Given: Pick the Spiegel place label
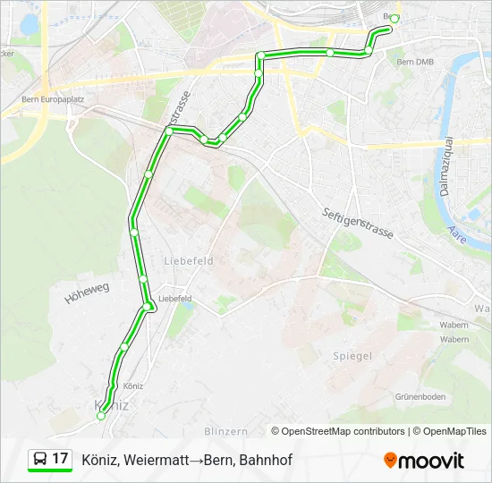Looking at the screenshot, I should click(x=352, y=356).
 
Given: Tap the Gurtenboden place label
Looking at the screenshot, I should click(x=420, y=396).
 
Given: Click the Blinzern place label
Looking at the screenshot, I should click(x=225, y=431).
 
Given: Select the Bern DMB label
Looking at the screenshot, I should click(x=414, y=62).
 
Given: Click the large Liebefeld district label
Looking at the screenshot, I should click(x=188, y=261).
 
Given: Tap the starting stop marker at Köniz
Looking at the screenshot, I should click(x=101, y=416).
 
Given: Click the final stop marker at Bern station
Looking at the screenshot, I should click(x=394, y=19).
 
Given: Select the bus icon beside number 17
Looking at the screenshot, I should click(x=40, y=460).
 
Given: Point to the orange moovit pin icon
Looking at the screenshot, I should click(x=390, y=461).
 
